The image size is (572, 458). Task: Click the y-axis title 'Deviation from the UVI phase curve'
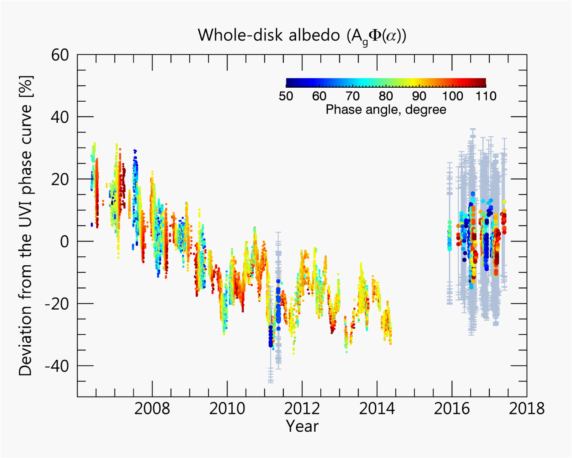point(25,225)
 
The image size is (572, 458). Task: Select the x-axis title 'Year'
point(302,426)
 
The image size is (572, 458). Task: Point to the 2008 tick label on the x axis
point(152,408)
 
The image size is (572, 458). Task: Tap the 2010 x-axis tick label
point(227,408)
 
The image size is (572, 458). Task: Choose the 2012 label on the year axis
point(302,408)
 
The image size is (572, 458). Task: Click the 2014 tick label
point(377,408)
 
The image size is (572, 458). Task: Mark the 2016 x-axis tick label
point(452,408)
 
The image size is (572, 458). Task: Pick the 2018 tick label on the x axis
point(527,408)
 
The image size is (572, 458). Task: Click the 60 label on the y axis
point(60,55)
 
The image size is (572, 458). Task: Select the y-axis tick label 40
point(60,117)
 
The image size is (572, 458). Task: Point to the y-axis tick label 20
point(60,179)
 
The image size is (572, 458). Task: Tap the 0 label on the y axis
point(64,241)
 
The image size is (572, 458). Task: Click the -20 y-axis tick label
point(57,304)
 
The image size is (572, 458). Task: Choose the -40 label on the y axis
point(57,366)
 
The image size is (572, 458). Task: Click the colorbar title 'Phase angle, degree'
point(386,110)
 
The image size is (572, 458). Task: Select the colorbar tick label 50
point(286,96)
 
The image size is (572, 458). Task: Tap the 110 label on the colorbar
point(486,96)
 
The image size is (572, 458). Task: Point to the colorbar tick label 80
point(386,96)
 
